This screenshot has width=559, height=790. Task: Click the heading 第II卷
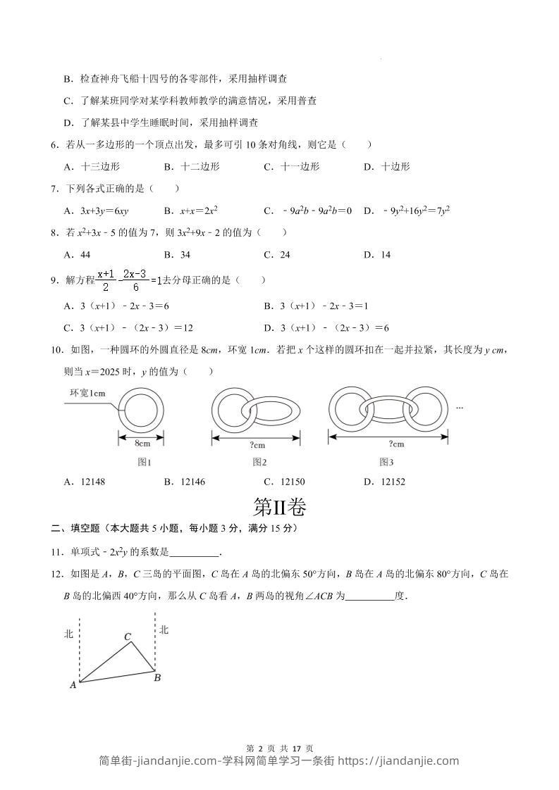(280, 507)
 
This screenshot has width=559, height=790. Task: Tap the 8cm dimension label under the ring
(142, 444)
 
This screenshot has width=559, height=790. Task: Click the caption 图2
(259, 462)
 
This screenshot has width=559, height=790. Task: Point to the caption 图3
(386, 462)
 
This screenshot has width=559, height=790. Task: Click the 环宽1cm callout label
(87, 393)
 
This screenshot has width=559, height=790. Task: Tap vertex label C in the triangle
(128, 637)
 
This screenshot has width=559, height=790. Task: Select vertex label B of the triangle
(157, 678)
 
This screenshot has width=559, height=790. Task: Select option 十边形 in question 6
(395, 167)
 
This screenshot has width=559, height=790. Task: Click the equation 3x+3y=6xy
(105, 211)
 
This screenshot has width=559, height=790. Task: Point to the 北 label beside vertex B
(164, 629)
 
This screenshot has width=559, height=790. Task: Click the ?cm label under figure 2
(257, 444)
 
